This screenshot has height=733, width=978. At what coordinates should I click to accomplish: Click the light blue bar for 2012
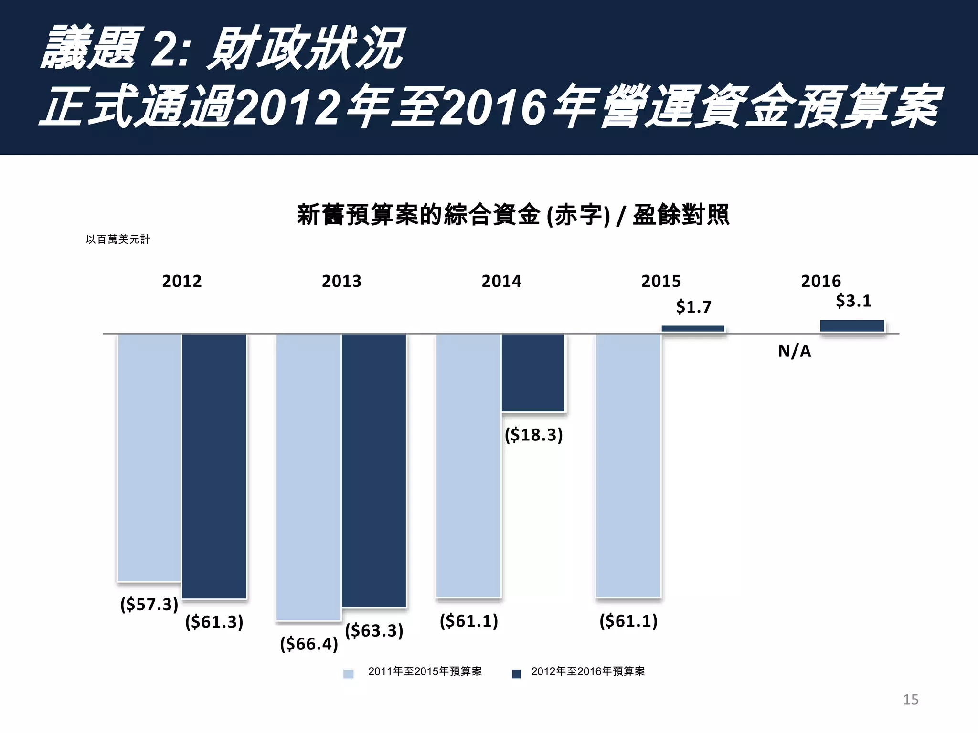149,457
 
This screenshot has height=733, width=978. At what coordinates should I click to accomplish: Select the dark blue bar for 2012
214,466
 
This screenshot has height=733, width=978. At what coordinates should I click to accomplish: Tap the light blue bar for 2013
308,477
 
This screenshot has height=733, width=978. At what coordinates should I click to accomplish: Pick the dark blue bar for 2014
533,372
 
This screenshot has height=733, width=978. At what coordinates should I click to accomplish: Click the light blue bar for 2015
628,465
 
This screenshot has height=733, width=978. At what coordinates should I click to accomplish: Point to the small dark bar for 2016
852,326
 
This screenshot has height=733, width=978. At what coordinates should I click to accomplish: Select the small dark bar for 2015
693,329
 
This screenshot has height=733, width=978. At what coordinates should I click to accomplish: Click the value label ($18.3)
533,435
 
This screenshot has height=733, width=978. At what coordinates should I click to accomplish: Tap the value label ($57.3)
149,604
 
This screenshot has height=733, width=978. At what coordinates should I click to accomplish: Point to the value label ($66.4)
309,644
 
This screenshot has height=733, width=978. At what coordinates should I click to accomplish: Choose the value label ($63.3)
374,630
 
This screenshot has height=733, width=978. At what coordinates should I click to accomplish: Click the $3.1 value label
853,301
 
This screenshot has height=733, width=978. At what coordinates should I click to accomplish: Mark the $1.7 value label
693,306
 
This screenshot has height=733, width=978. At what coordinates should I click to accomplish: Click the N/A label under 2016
794,351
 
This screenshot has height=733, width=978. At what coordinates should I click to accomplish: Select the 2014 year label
501,281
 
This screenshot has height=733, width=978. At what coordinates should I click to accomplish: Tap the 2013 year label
341,281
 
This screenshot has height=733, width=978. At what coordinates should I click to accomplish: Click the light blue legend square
349,673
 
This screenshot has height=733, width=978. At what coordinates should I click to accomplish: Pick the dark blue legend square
516,673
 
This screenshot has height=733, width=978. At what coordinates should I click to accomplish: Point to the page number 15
910,700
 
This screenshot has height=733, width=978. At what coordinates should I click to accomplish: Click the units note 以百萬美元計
118,240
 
